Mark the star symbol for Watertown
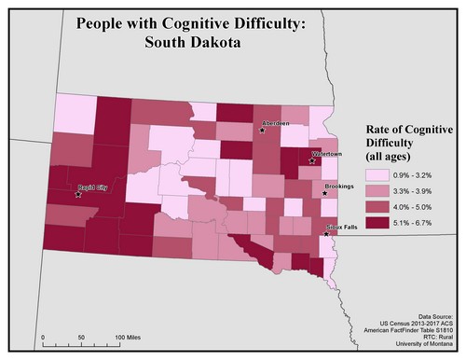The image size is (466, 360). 313,160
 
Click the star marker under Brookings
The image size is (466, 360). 324,194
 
